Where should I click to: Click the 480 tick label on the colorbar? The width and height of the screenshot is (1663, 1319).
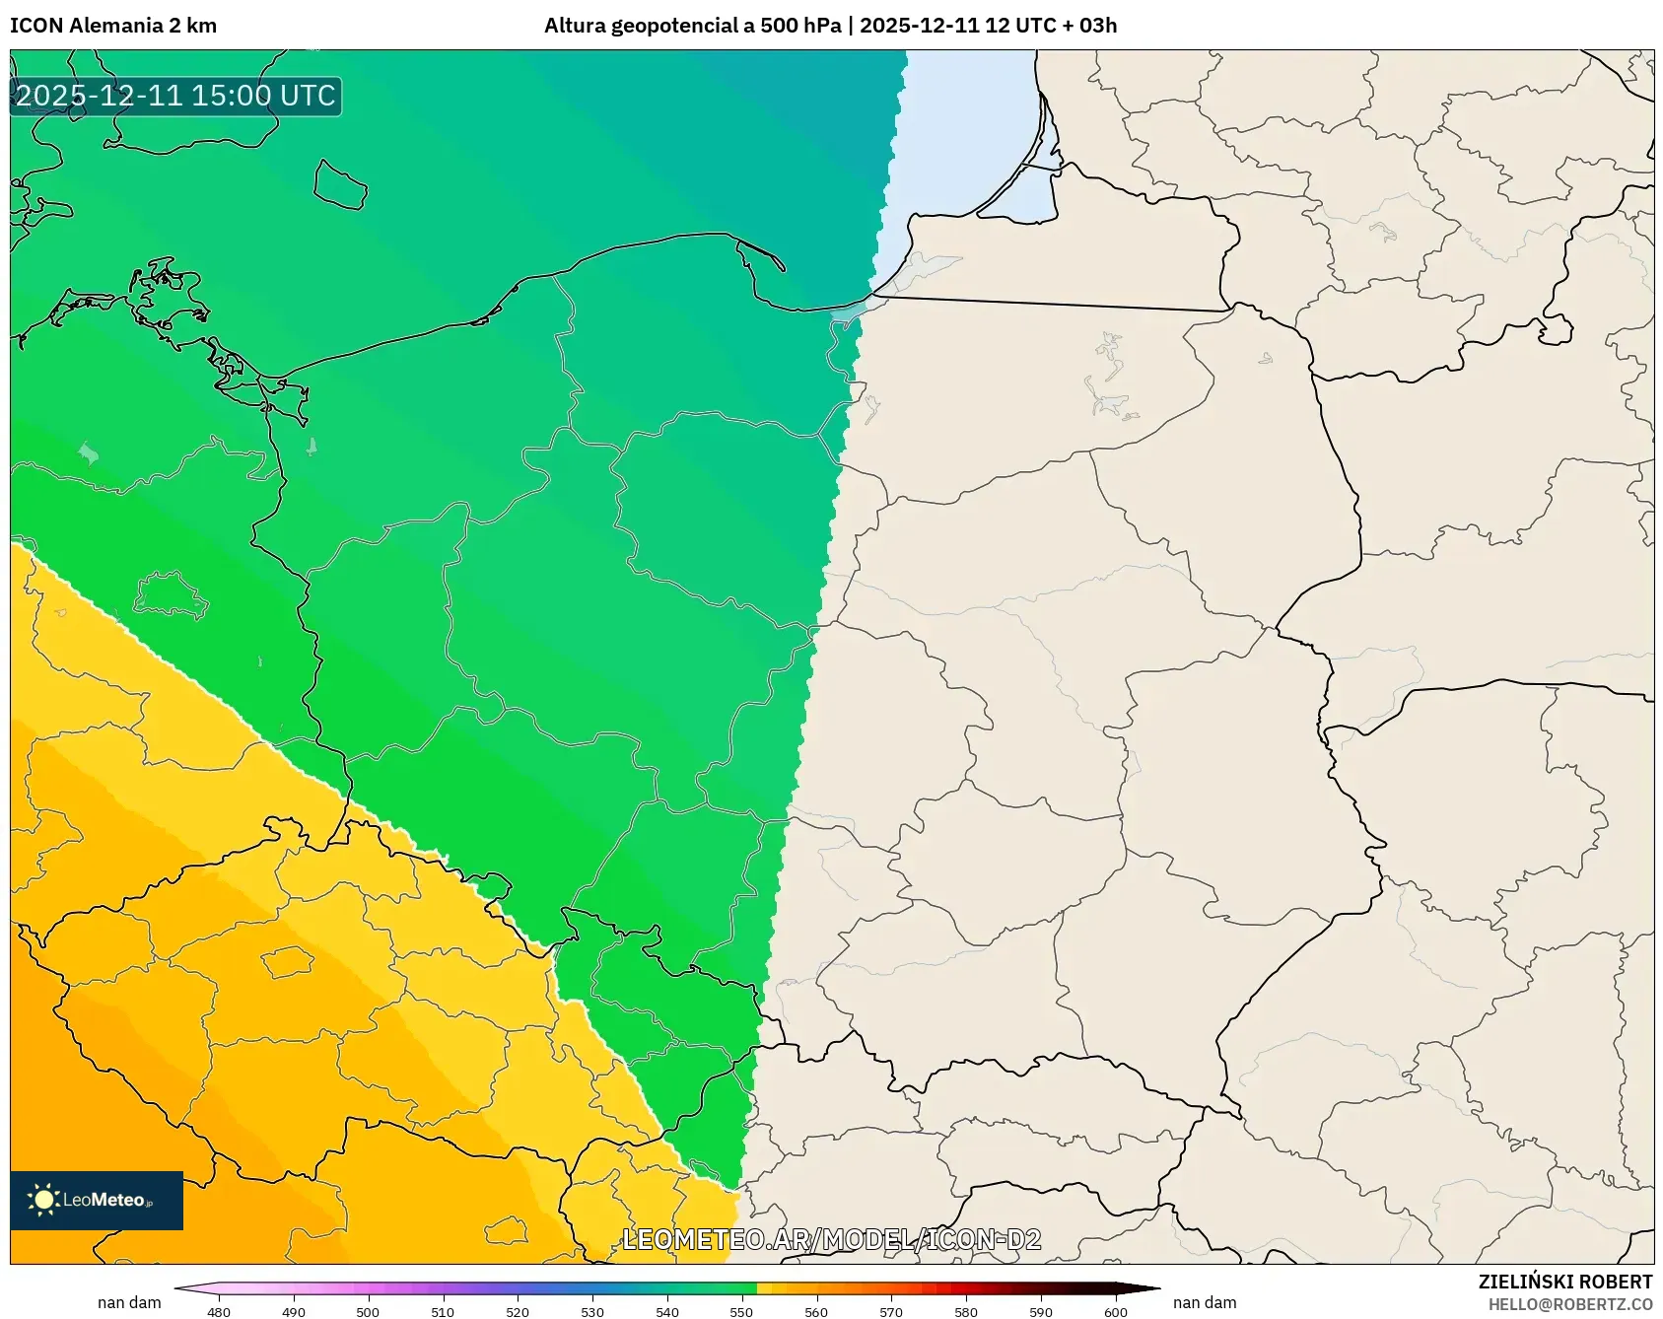click(219, 1312)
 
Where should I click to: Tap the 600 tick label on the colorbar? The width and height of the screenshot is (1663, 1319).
click(1116, 1312)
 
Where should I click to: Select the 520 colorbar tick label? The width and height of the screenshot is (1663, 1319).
click(518, 1312)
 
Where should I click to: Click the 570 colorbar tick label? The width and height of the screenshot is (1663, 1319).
click(891, 1312)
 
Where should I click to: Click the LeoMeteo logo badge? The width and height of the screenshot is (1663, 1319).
click(97, 1200)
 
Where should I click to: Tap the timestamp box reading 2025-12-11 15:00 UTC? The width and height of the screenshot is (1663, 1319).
click(175, 96)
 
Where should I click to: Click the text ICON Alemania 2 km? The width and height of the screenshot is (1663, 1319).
click(113, 26)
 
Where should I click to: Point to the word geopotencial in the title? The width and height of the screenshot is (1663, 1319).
click(674, 26)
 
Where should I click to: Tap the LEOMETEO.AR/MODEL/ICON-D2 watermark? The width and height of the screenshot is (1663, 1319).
click(831, 1239)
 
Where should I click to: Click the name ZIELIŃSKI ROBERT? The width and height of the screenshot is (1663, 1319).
click(1564, 1282)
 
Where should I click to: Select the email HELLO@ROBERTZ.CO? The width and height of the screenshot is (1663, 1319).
click(1569, 1304)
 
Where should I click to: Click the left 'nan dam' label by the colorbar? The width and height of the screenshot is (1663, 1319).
click(129, 1302)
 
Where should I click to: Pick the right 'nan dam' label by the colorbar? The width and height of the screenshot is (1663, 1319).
click(1205, 1302)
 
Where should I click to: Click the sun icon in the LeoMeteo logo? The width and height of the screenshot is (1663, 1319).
click(43, 1200)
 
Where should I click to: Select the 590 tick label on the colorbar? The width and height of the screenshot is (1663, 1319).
click(1041, 1312)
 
